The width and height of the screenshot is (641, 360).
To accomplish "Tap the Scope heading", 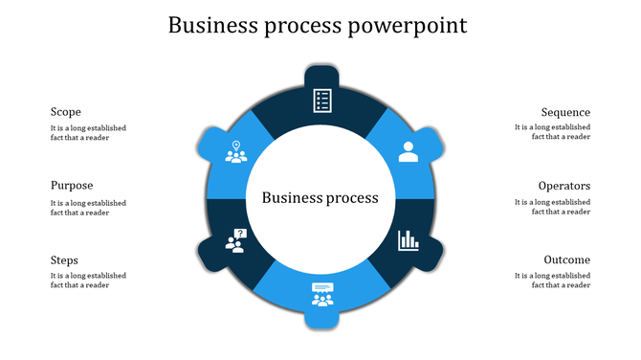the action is point(65,112).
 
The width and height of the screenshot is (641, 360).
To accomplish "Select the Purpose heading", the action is point(72,186).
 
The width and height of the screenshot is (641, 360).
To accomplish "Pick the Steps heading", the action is point(64,259).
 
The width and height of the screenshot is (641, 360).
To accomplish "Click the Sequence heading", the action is point(565,112).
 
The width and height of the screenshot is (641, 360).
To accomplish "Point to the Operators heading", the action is point(564,186).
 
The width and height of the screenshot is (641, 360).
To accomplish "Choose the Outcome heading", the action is point(566,259).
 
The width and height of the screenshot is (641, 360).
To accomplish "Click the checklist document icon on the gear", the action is point(322,101).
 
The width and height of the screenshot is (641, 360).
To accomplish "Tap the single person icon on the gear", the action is point(409,151).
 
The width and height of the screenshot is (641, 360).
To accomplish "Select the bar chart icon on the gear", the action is point(409,239).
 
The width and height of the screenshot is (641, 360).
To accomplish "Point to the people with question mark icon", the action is point(235,240).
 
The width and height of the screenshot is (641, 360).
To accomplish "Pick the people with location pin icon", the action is point(235,151).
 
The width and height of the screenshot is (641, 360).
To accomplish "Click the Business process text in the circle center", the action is point(320,198).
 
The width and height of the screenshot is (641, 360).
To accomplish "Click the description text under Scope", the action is point(88,132).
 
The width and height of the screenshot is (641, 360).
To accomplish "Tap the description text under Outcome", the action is point(552,280).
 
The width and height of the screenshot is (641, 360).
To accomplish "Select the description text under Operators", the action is point(552,207).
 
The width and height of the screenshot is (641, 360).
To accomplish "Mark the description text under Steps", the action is point(88,280).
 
